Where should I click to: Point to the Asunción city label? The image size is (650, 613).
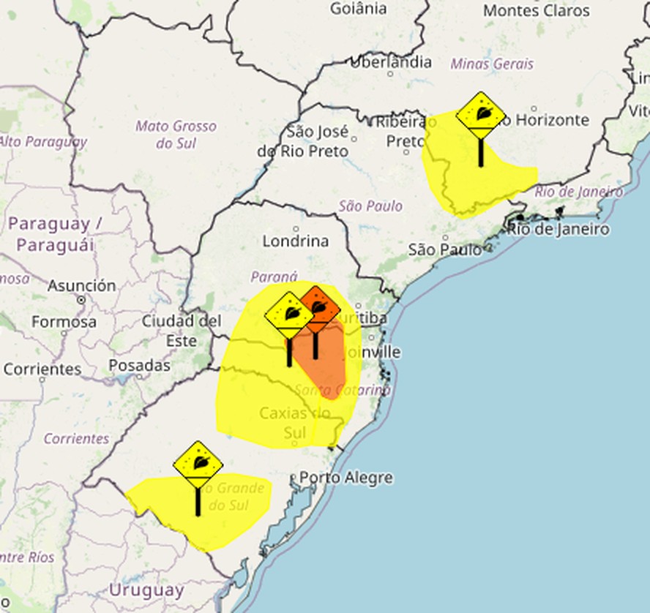[81, 285]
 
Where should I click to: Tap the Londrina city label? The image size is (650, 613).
[295, 241]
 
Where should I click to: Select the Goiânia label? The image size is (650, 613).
[358, 9]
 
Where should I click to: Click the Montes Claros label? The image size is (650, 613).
[537, 10]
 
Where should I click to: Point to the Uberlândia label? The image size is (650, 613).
[391, 62]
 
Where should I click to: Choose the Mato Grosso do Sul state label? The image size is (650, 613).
[176, 134]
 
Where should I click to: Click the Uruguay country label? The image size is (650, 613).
[146, 590]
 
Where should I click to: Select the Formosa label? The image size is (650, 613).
[64, 321]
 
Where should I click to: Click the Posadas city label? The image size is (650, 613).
[139, 365]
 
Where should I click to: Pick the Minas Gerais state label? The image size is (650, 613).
[492, 64]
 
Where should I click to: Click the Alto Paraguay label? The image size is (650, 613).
[42, 141]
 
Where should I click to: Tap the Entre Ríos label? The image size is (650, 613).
[26, 557]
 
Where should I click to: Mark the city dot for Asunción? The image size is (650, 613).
[81, 299]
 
